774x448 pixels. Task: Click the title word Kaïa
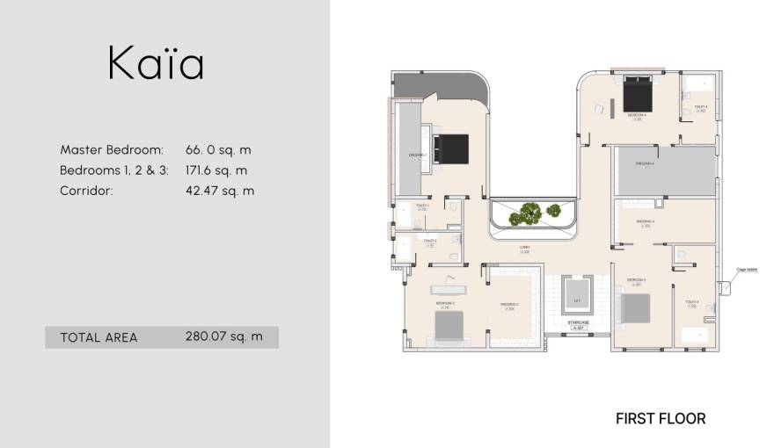coord(157,65)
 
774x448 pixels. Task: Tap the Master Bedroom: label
coord(112,150)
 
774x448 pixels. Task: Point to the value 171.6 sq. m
coord(216,170)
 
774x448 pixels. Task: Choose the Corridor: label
coord(86,191)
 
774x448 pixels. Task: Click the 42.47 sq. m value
coord(220,191)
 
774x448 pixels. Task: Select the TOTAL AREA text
coord(99,337)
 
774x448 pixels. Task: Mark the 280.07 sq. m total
coord(224,336)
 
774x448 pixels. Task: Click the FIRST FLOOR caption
coord(661,419)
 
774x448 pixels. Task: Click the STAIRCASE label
coord(578,323)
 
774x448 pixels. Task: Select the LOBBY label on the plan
coord(524,249)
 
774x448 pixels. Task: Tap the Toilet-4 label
coord(701,108)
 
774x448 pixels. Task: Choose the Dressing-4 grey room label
coord(646,163)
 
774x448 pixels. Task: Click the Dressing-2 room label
coord(509,305)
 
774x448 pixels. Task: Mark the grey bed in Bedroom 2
coord(450,324)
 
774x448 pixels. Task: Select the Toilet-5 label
coord(691,303)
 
